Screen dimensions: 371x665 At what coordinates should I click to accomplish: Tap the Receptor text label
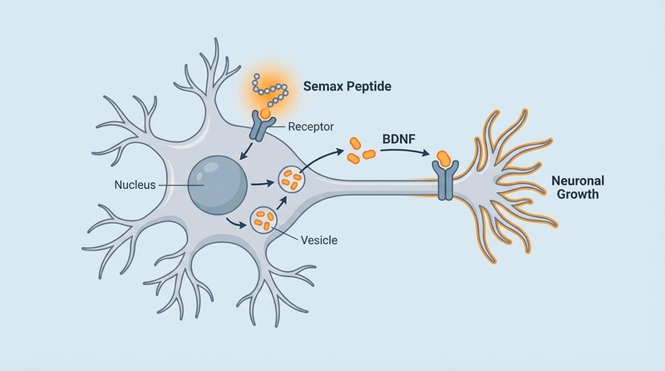[x=312, y=126]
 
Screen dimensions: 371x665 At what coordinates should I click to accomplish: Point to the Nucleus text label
[x=135, y=184]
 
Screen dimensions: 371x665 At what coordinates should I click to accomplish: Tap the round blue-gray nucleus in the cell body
[x=216, y=184]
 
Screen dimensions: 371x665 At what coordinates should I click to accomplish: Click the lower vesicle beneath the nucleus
[x=265, y=219]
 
